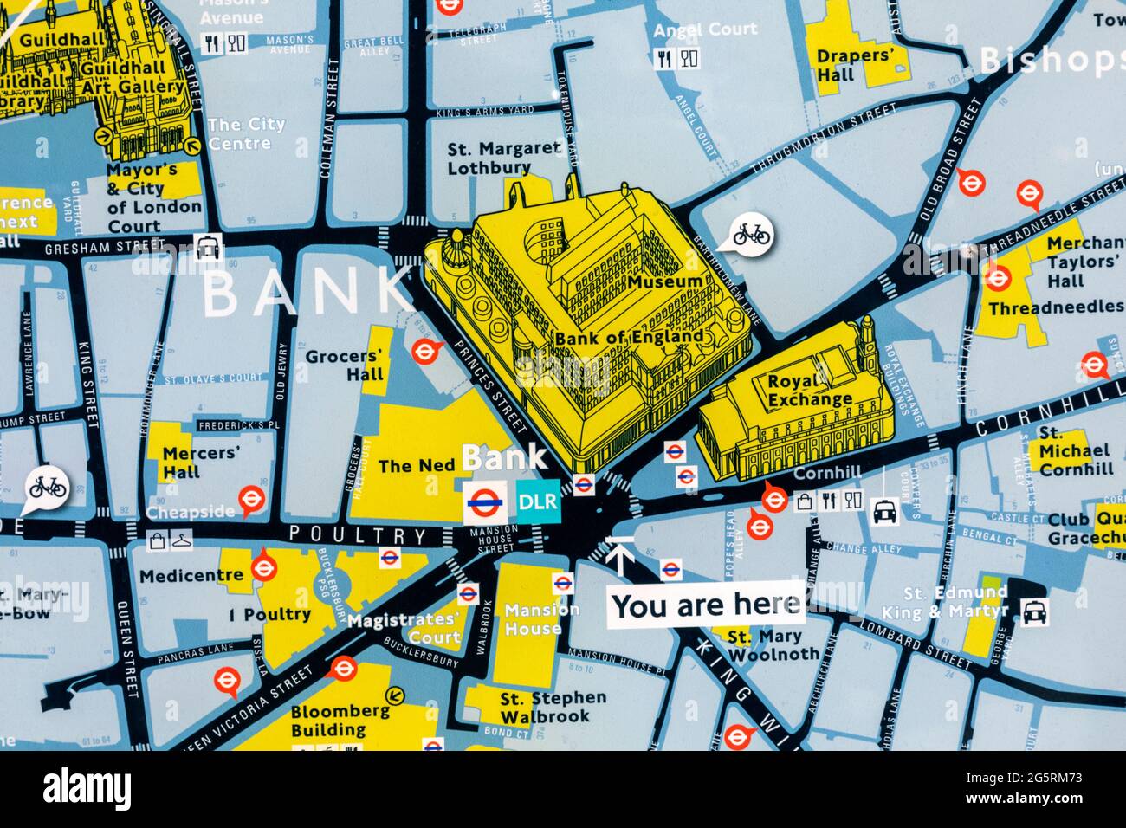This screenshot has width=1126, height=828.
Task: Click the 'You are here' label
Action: point(705,605)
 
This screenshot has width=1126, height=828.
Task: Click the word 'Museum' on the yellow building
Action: point(665,281)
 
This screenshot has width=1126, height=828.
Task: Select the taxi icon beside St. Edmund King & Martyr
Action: point(1034,611)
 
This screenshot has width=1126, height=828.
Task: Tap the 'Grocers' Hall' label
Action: point(344,365)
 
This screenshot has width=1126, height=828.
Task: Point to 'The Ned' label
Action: point(416,466)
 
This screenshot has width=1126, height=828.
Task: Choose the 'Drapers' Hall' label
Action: point(854,65)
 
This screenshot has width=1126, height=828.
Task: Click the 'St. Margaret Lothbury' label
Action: point(502,158)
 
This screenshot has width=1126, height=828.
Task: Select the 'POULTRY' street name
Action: point(358,535)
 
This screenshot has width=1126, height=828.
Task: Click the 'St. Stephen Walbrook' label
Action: point(552,707)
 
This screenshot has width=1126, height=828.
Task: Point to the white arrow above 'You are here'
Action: point(618,555)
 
